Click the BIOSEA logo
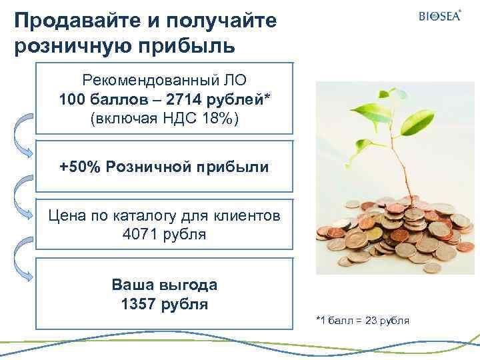coord(439,16)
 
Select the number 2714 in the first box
coord(183,100)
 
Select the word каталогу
coord(155,215)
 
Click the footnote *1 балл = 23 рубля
coord(362,321)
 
